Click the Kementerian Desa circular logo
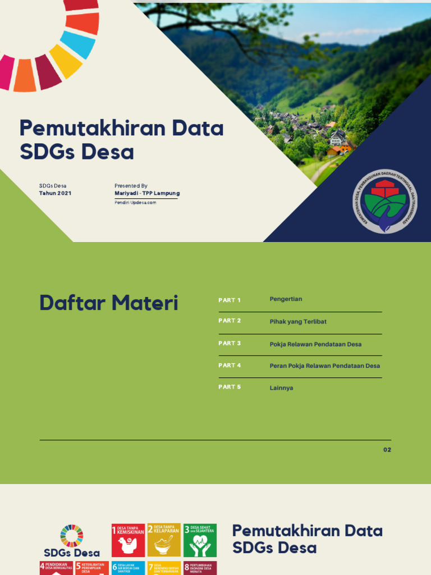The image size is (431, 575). [x=384, y=202]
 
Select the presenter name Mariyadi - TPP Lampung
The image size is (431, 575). [x=147, y=193]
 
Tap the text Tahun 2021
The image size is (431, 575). [x=55, y=193]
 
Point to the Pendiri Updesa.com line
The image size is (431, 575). [x=135, y=203]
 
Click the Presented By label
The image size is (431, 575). [x=131, y=185]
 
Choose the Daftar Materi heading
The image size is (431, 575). [x=108, y=303]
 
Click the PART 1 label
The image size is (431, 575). [x=230, y=300]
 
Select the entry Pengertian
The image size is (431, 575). [x=286, y=299]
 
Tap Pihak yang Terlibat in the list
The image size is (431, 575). [x=298, y=322]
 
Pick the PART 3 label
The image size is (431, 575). [x=230, y=343]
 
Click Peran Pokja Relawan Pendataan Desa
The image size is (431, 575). [x=324, y=366]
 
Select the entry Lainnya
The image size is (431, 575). [x=281, y=387]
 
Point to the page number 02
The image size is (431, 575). [x=387, y=450]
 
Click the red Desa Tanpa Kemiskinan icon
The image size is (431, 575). [x=128, y=540]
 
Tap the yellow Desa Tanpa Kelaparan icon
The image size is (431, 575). [x=164, y=540]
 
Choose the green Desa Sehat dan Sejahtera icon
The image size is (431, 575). [x=200, y=540]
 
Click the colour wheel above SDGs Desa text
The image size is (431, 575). [x=71, y=535]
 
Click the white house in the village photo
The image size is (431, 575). [x=338, y=137]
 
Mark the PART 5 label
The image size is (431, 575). [x=230, y=387]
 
